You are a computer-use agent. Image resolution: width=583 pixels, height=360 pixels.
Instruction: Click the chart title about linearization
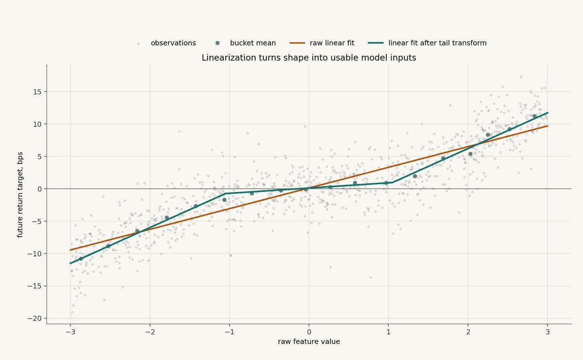click(x=309, y=57)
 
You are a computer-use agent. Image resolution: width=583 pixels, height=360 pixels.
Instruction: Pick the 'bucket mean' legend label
click(x=253, y=43)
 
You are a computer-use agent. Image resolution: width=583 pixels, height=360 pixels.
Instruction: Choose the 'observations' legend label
click(x=173, y=43)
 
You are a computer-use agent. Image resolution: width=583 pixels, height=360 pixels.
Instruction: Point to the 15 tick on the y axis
click(x=37, y=92)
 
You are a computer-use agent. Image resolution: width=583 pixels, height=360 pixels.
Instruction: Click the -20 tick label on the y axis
click(x=34, y=318)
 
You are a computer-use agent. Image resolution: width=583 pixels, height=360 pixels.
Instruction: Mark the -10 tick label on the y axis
click(x=34, y=254)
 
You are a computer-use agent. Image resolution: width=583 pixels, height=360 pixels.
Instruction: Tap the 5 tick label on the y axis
click(x=39, y=156)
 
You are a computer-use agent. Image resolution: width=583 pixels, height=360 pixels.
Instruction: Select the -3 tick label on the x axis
click(x=70, y=332)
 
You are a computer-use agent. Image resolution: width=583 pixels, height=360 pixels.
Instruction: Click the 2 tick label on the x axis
click(x=468, y=332)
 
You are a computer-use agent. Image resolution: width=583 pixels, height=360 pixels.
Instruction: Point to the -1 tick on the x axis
click(x=229, y=332)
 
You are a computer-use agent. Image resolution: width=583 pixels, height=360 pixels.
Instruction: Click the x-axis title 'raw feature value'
click(x=309, y=342)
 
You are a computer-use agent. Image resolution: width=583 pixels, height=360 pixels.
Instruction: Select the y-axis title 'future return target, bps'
click(x=20, y=195)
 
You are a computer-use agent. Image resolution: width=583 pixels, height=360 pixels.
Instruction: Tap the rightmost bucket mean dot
click(x=534, y=116)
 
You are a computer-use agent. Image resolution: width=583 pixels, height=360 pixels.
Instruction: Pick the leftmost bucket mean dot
click(x=81, y=259)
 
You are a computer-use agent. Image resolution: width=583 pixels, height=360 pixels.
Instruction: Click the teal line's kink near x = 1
click(x=392, y=183)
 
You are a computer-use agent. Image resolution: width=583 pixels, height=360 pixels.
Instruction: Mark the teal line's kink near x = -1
click(x=225, y=193)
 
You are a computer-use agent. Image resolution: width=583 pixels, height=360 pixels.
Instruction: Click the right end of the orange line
click(x=548, y=126)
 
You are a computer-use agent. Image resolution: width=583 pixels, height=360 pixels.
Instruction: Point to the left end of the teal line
click(x=70, y=263)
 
